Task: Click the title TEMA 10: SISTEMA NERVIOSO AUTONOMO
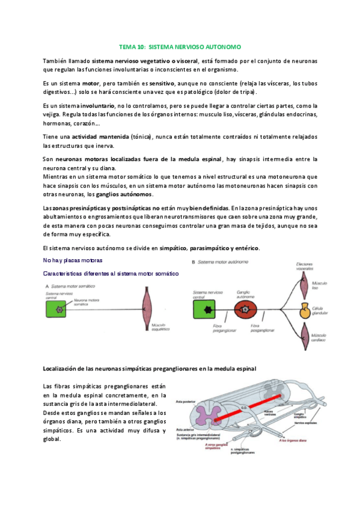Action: (180, 46)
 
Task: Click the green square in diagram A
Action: (59, 310)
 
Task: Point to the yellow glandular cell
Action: (305, 310)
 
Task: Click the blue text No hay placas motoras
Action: (73, 260)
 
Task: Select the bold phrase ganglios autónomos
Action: (127, 194)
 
